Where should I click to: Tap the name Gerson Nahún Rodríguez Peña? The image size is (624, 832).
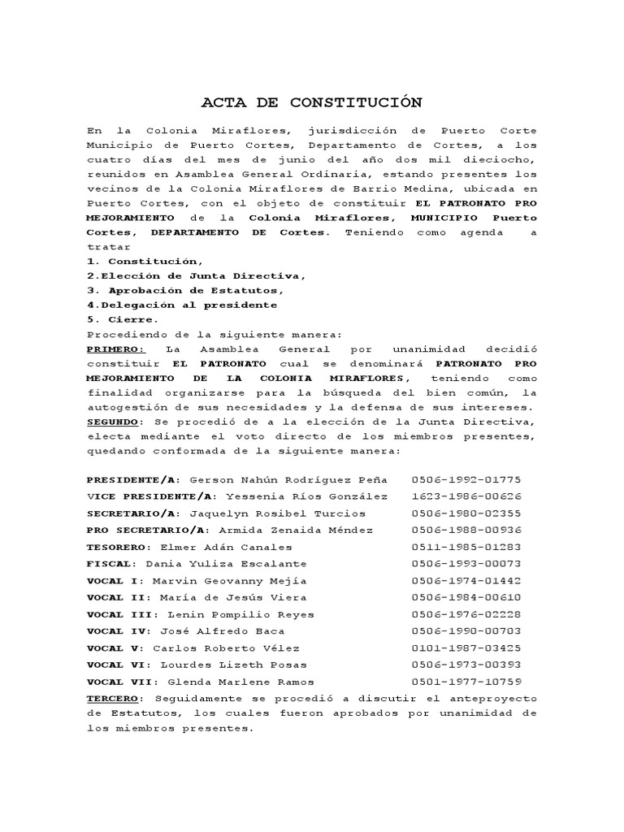[x=288, y=479]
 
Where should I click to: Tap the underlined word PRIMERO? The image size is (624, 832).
[x=115, y=349]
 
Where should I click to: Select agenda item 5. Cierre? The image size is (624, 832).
[x=122, y=319]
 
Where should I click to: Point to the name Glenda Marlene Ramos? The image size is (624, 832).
[x=240, y=682]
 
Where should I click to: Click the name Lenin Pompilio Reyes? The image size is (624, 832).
[x=240, y=614]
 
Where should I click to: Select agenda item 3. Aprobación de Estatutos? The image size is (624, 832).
[x=185, y=290]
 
